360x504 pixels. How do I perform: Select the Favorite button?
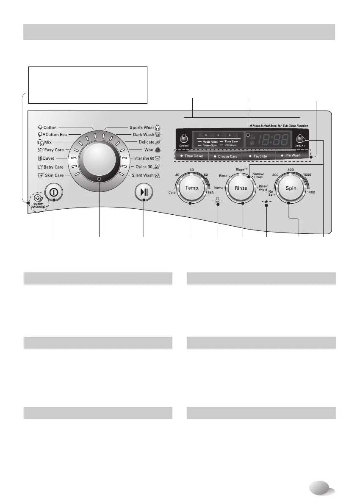click(x=260, y=156)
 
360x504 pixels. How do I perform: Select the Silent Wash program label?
click(x=142, y=175)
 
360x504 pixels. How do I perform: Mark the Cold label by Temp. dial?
click(x=171, y=192)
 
